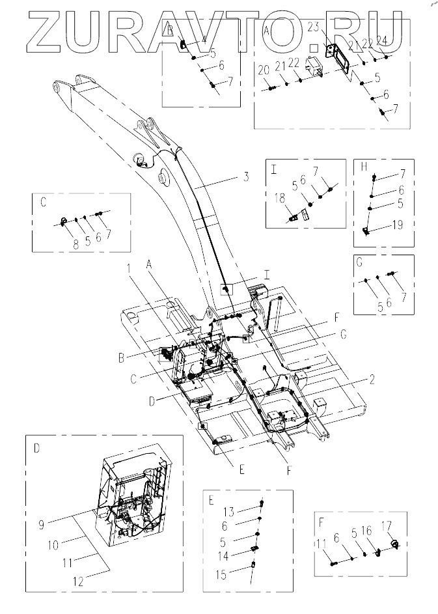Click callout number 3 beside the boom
[246, 177]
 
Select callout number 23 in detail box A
[314, 28]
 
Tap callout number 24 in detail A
[382, 42]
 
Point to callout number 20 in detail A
[264, 70]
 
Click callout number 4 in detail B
[204, 39]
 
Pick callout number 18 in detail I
[280, 199]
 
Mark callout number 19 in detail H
[398, 225]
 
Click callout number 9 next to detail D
[42, 525]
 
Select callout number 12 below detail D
[78, 581]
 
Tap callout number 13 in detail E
[229, 511]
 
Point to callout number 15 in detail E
[221, 574]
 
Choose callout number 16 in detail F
[366, 531]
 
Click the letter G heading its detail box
[360, 262]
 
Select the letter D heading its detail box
[36, 449]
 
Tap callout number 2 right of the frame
[372, 379]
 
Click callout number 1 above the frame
[129, 268]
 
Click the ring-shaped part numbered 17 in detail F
[394, 543]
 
